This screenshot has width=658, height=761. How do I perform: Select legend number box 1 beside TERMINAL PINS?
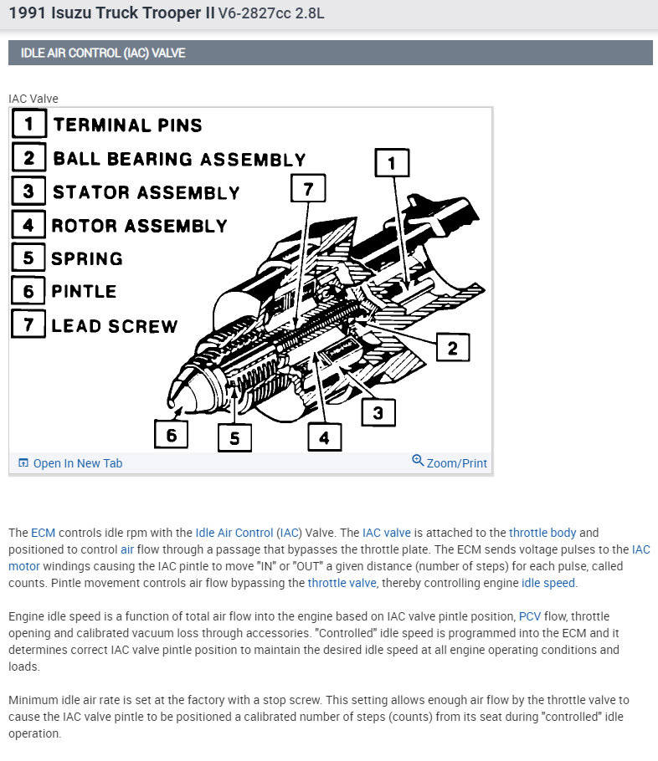tap(28, 125)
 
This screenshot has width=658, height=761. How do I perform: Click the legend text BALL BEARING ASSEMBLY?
tap(179, 159)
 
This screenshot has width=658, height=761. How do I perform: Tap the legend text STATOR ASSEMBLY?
tap(146, 192)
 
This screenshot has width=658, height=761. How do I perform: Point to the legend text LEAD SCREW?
tap(115, 326)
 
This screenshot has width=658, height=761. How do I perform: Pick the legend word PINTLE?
tap(84, 292)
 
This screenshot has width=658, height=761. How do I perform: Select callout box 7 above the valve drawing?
tap(307, 189)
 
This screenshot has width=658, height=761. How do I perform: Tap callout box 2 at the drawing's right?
tap(452, 347)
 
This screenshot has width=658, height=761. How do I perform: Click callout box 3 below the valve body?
tap(378, 411)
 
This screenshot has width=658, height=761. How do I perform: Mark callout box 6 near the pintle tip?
tap(171, 434)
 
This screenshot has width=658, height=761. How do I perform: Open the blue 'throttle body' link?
tap(542, 533)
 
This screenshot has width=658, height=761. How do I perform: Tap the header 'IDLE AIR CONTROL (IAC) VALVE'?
tap(103, 53)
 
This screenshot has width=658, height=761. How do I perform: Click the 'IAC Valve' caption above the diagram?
tap(33, 99)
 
